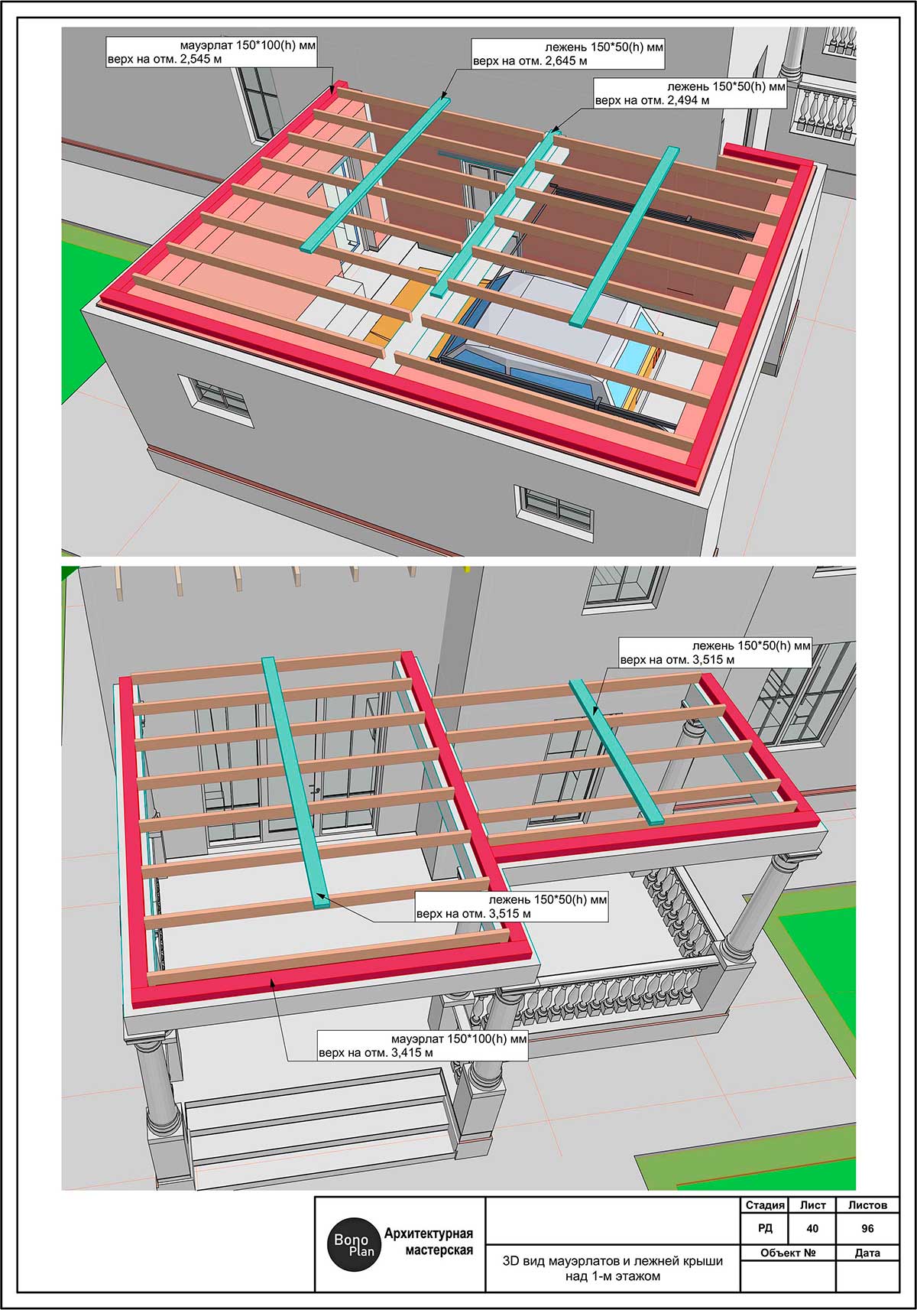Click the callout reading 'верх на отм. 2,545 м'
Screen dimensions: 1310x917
coord(210,52)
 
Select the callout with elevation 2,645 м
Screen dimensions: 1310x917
coord(567,54)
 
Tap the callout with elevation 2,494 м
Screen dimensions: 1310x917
coord(690,93)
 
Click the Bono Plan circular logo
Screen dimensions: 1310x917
coord(353,1244)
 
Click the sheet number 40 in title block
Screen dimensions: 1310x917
coord(812,1228)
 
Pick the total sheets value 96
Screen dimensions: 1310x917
coord(867,1228)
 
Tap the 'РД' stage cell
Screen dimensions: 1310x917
coord(765,1228)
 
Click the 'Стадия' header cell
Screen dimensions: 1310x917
coord(765,1205)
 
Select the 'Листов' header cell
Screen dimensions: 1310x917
coord(867,1205)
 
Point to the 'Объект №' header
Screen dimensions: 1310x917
coord(788,1253)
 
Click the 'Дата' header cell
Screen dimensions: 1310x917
coord(867,1253)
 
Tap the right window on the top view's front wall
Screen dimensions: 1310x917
coord(555,509)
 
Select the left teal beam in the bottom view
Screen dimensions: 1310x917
coord(295,780)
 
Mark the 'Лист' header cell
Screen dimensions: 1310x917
coord(812,1205)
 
